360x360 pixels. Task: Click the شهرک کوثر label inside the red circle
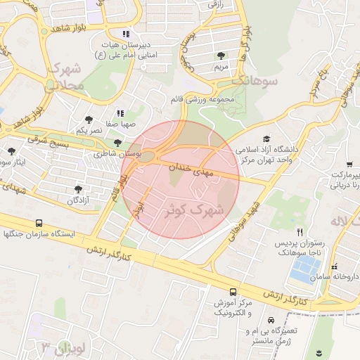193,209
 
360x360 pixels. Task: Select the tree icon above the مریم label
222,55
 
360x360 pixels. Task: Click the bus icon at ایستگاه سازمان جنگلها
38,222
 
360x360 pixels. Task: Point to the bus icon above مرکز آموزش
233,291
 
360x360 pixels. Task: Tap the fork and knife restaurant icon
300,231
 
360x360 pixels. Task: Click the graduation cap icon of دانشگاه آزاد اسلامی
266,139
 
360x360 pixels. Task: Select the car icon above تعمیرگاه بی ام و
271,319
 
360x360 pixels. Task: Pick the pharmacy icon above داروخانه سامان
334,268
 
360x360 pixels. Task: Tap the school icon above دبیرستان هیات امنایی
126,33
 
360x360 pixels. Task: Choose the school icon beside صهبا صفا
120,112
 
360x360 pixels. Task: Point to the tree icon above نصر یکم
88,120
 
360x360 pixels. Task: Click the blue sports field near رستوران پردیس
305,268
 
